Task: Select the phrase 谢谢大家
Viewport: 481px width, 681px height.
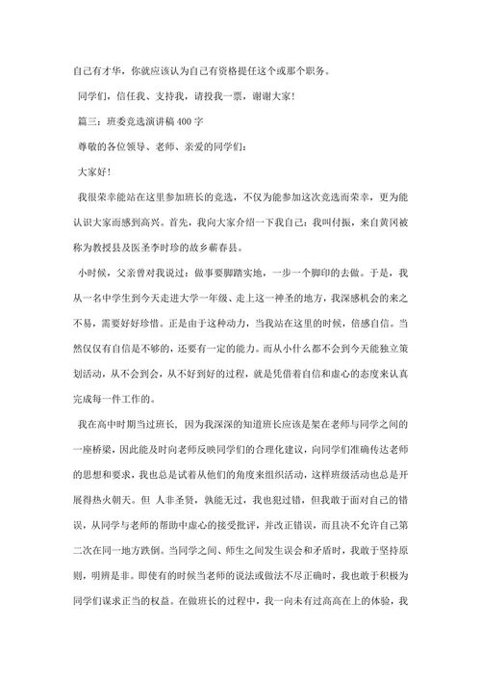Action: click(266, 97)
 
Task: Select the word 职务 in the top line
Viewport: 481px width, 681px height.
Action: click(314, 72)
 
